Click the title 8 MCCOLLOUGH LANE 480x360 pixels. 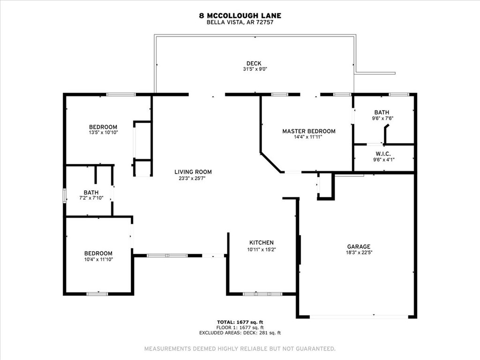(x=240, y=15)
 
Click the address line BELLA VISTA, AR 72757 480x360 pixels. (x=240, y=22)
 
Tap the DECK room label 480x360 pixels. (x=254, y=64)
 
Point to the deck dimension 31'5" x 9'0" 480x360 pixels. (x=254, y=69)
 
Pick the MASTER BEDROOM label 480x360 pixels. (x=309, y=131)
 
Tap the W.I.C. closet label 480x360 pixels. (x=383, y=154)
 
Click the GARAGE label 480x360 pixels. (x=359, y=247)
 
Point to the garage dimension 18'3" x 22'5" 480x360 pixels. (x=359, y=253)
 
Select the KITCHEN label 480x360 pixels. (x=262, y=243)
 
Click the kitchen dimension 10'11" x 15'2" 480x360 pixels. (x=262, y=249)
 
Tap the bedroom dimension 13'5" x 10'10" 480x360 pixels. (x=103, y=133)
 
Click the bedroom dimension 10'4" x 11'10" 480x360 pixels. (x=98, y=259)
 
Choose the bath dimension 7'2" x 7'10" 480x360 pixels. (x=91, y=199)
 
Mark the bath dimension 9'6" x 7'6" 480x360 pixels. (x=382, y=119)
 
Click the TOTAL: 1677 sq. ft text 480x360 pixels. (x=240, y=322)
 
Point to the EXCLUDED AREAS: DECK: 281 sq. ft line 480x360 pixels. (x=240, y=333)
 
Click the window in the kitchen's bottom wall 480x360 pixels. (x=262, y=294)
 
